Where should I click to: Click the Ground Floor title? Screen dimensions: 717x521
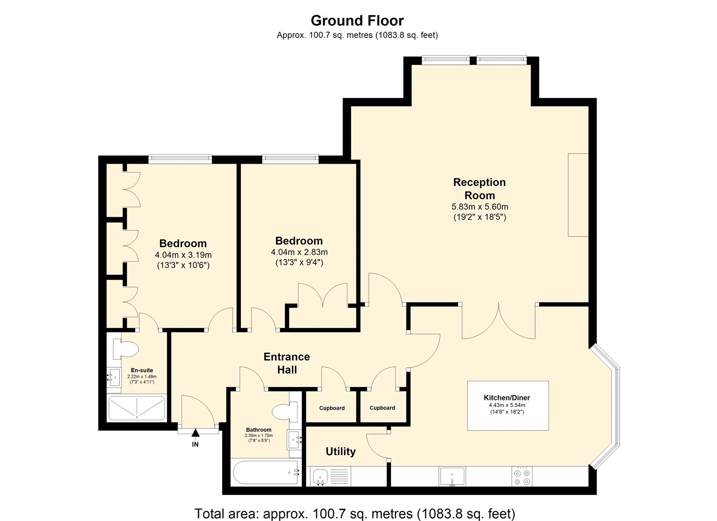coord(357,21)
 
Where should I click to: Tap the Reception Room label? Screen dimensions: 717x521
coord(479,189)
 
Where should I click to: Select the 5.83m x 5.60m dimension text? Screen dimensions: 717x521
coord(480,207)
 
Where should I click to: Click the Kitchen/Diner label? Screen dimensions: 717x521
coord(507,398)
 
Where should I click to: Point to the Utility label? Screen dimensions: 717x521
coord(341,452)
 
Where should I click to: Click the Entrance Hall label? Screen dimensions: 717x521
coord(287,363)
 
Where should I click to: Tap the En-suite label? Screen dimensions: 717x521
coord(142,370)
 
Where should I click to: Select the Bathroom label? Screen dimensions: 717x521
coord(259,430)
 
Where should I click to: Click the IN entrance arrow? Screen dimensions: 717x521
coord(195,433)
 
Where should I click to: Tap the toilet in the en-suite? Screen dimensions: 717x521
coord(125,349)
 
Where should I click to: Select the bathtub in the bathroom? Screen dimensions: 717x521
coord(266,472)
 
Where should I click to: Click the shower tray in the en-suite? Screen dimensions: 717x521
coord(137,408)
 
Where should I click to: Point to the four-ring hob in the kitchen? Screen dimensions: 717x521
coord(522,477)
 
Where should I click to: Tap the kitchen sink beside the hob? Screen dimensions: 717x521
coord(452,476)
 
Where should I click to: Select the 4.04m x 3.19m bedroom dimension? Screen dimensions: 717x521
coord(183,255)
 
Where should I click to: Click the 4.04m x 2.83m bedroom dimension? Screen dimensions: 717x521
coord(299,252)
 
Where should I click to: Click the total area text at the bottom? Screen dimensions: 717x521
coord(355,505)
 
